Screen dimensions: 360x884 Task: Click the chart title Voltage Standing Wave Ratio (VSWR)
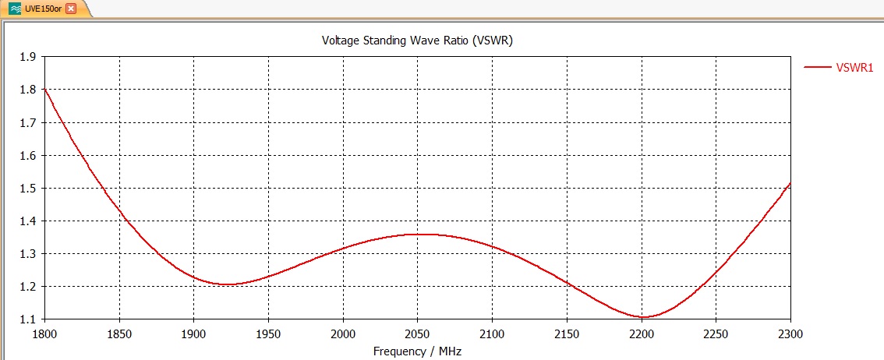[416, 41]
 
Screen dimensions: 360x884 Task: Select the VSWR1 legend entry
[854, 68]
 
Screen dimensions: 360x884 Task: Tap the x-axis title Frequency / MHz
[416, 351]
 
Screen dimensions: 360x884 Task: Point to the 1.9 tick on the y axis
[28, 57]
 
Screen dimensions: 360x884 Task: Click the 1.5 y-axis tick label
[28, 189]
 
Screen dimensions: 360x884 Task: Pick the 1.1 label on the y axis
[28, 319]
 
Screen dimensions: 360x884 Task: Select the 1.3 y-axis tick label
[28, 254]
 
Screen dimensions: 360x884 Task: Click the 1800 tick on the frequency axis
[44, 334]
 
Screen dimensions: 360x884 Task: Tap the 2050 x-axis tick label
[418, 334]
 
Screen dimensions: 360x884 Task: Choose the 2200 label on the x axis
[642, 334]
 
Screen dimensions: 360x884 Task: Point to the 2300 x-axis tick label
[790, 334]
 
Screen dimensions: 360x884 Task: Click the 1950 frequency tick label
[268, 334]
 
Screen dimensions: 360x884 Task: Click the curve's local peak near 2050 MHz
[419, 234]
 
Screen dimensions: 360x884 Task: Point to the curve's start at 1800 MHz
[44, 89]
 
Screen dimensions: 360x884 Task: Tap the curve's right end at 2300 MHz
[790, 183]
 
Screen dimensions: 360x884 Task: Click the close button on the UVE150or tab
[71, 9]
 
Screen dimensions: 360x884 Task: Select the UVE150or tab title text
[44, 9]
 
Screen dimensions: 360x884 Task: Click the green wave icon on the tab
[16, 9]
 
